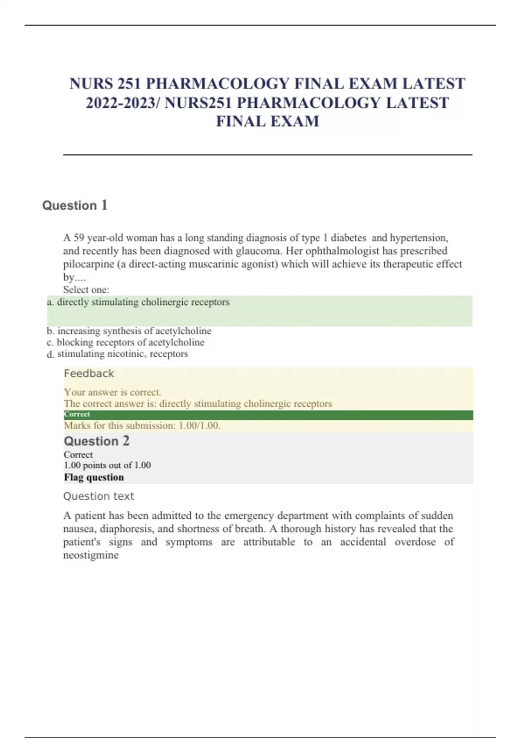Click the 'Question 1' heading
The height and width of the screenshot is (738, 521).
point(75,205)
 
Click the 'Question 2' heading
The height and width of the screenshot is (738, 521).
point(96,441)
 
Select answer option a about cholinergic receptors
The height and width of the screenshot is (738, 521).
point(143,302)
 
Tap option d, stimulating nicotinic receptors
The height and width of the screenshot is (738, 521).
point(122,354)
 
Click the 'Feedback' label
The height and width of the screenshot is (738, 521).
point(89,373)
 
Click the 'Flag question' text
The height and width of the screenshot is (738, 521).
point(94,477)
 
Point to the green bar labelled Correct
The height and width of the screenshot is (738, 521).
point(268,415)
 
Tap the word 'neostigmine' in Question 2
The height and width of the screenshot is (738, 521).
point(91,555)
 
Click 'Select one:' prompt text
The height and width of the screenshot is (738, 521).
point(86,290)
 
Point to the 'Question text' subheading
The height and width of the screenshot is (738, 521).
point(99,496)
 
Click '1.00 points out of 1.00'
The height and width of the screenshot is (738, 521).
point(107,465)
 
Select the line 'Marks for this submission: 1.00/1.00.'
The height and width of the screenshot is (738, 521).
point(142,425)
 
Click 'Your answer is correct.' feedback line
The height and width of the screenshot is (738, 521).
point(112,392)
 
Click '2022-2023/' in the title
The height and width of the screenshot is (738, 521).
point(123,103)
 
